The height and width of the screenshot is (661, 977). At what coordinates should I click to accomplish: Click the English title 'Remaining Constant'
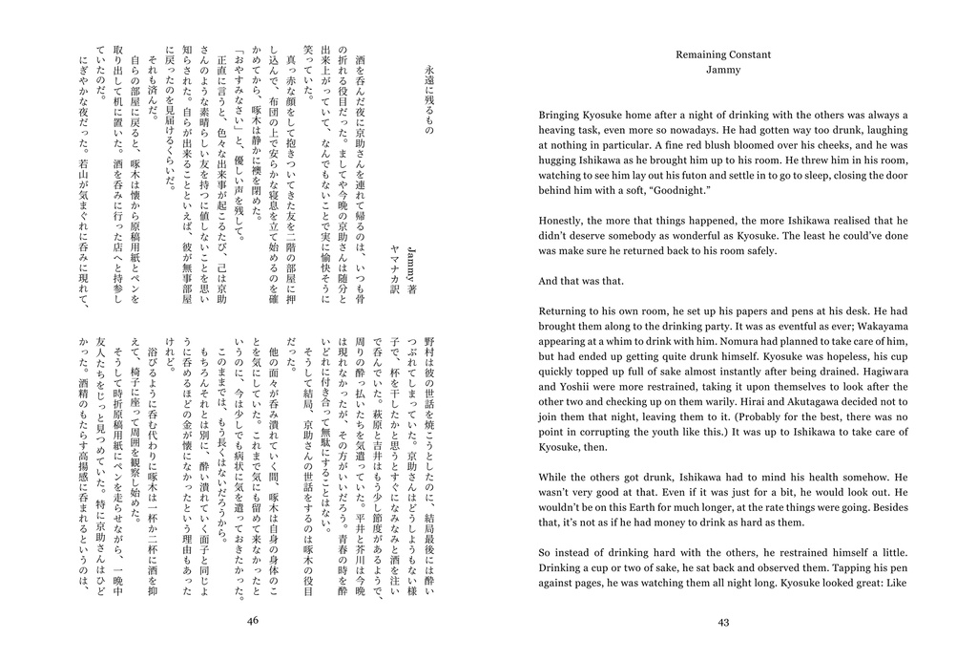(x=723, y=54)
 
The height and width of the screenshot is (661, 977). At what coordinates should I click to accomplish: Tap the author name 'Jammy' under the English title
(x=723, y=70)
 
